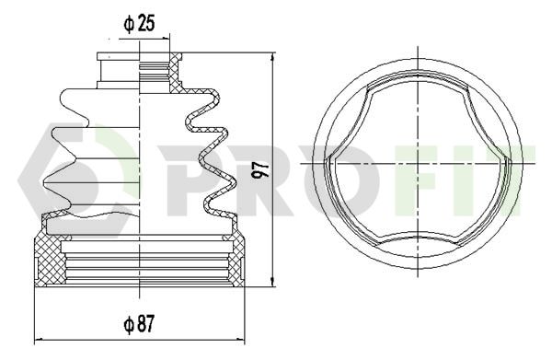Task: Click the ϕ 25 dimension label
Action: click(x=139, y=24)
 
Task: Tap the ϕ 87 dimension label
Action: click(x=139, y=324)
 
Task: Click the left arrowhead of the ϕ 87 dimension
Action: click(x=38, y=340)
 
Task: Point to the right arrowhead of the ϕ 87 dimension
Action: click(x=241, y=340)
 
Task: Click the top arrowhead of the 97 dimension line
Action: click(x=272, y=57)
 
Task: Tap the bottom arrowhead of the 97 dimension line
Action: click(x=272, y=282)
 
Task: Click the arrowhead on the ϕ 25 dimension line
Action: click(x=166, y=39)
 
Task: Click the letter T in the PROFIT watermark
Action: click(x=525, y=180)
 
